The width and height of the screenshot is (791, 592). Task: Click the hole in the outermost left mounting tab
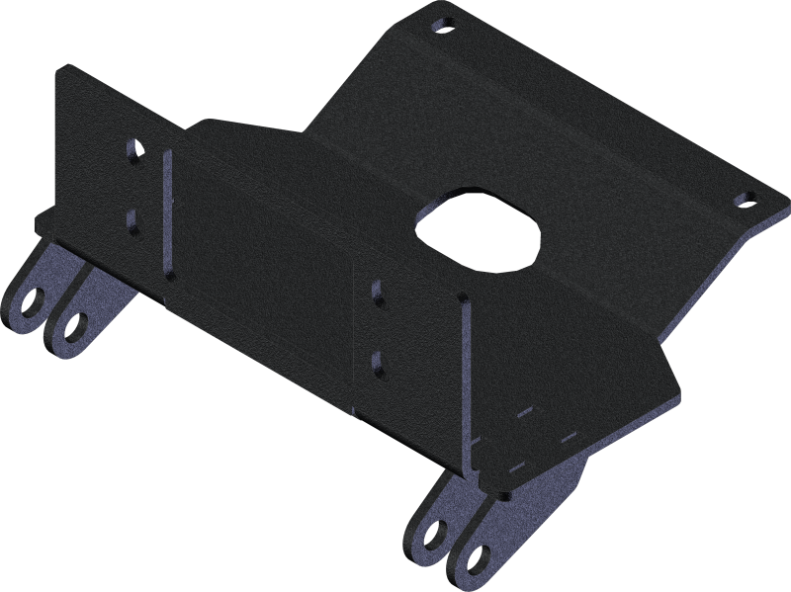point(34,296)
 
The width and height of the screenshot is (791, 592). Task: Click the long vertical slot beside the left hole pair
point(167,212)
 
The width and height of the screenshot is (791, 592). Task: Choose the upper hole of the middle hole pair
point(377,292)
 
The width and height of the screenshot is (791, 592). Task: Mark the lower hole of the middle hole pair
point(377,358)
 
